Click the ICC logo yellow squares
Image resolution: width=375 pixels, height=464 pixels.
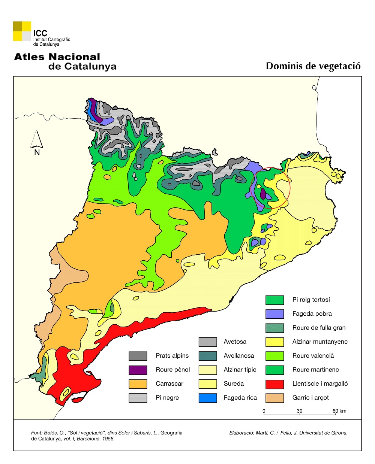tap(22, 31)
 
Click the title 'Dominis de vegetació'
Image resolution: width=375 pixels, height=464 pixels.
tap(313, 66)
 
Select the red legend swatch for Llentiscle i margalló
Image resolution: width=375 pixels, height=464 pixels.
tap(274, 384)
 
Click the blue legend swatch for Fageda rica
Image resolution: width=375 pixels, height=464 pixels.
tap(208, 398)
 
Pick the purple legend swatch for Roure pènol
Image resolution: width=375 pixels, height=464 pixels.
tap(138, 370)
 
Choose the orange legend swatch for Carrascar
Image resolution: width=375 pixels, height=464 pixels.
tap(138, 384)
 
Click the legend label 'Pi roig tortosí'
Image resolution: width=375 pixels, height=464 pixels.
tap(311, 300)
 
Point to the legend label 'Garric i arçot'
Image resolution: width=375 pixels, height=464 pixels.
tap(310, 398)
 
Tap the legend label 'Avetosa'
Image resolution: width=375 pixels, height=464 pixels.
tap(235, 342)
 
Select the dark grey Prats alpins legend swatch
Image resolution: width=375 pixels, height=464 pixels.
tap(138, 356)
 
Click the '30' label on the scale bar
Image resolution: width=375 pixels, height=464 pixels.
tap(300, 411)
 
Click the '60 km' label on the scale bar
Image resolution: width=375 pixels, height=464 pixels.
tap(339, 411)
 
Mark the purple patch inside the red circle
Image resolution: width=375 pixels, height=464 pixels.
tap(263, 194)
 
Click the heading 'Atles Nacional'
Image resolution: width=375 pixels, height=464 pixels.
tap(57, 57)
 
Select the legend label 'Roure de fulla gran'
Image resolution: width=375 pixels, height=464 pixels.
tap(319, 328)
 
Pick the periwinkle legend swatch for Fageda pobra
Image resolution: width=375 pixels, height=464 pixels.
tap(274, 314)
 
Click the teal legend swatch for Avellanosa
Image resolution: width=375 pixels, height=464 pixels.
tap(208, 356)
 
